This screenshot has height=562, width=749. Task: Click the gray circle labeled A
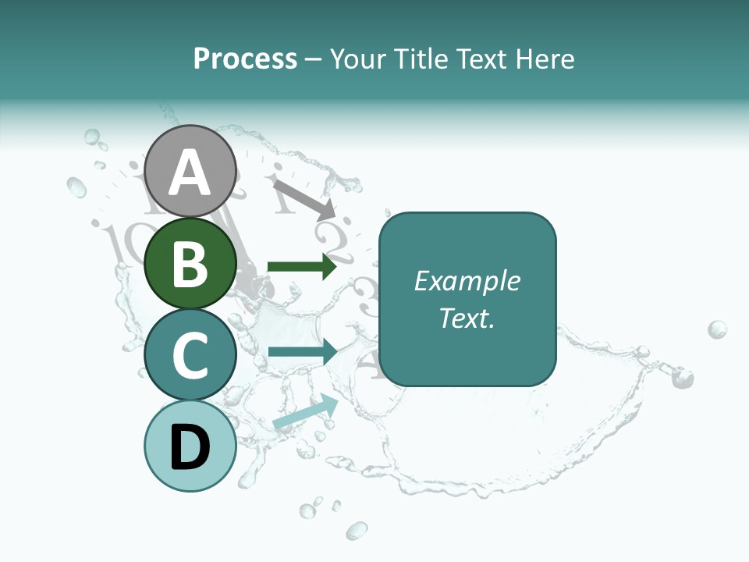click(x=190, y=171)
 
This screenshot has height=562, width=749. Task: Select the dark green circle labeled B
click(x=190, y=263)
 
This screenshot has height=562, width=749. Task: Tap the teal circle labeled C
click(x=190, y=354)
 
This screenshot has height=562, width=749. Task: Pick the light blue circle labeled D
click(x=190, y=446)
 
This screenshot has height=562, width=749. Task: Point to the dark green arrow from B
click(x=301, y=267)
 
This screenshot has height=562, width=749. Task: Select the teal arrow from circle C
click(x=301, y=352)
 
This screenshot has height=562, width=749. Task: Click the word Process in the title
click(x=245, y=59)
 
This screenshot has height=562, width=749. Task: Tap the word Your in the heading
click(x=358, y=59)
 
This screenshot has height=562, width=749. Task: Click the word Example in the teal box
click(x=467, y=281)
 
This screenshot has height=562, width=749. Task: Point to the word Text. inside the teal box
click(x=467, y=318)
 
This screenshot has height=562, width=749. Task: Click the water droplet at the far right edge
click(x=717, y=329)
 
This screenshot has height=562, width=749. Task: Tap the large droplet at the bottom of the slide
click(x=357, y=532)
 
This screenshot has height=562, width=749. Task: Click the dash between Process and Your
click(x=314, y=59)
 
